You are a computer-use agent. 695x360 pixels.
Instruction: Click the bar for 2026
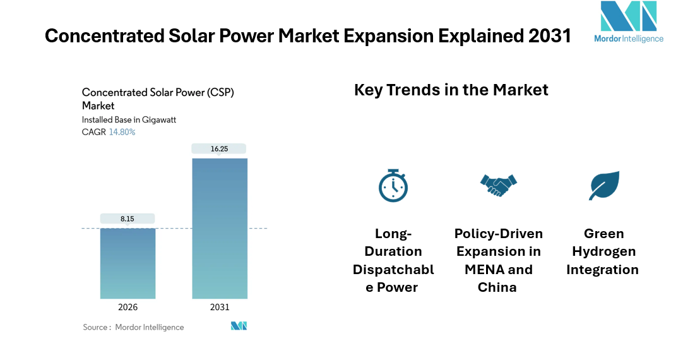pos(128,263)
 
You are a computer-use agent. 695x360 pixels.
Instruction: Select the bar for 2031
pos(220,228)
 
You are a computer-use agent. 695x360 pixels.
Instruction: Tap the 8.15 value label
pos(128,219)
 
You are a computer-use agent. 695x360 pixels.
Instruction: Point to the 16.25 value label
pos(220,149)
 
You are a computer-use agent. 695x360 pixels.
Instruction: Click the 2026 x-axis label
pos(128,308)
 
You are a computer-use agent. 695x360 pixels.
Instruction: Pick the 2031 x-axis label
pos(220,308)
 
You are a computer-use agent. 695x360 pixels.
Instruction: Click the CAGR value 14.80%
pos(122,132)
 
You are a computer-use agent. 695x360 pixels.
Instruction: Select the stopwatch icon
pos(393,185)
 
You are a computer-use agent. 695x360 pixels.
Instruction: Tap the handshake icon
pos(498,184)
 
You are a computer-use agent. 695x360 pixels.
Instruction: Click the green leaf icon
pos(603,185)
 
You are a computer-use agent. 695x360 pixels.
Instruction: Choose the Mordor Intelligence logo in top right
pos(628,21)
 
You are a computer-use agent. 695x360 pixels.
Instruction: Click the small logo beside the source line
pos(239,326)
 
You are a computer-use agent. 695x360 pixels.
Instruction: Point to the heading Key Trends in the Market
pos(451,90)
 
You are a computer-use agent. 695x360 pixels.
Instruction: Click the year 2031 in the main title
pos(549,36)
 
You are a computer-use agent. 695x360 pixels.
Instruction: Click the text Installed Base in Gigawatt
pos(128,119)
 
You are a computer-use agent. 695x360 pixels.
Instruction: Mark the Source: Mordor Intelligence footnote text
pos(133,327)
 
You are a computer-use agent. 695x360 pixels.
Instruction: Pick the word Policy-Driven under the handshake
pos(498,234)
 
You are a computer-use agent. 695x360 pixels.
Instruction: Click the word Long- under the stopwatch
pos(393,234)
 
